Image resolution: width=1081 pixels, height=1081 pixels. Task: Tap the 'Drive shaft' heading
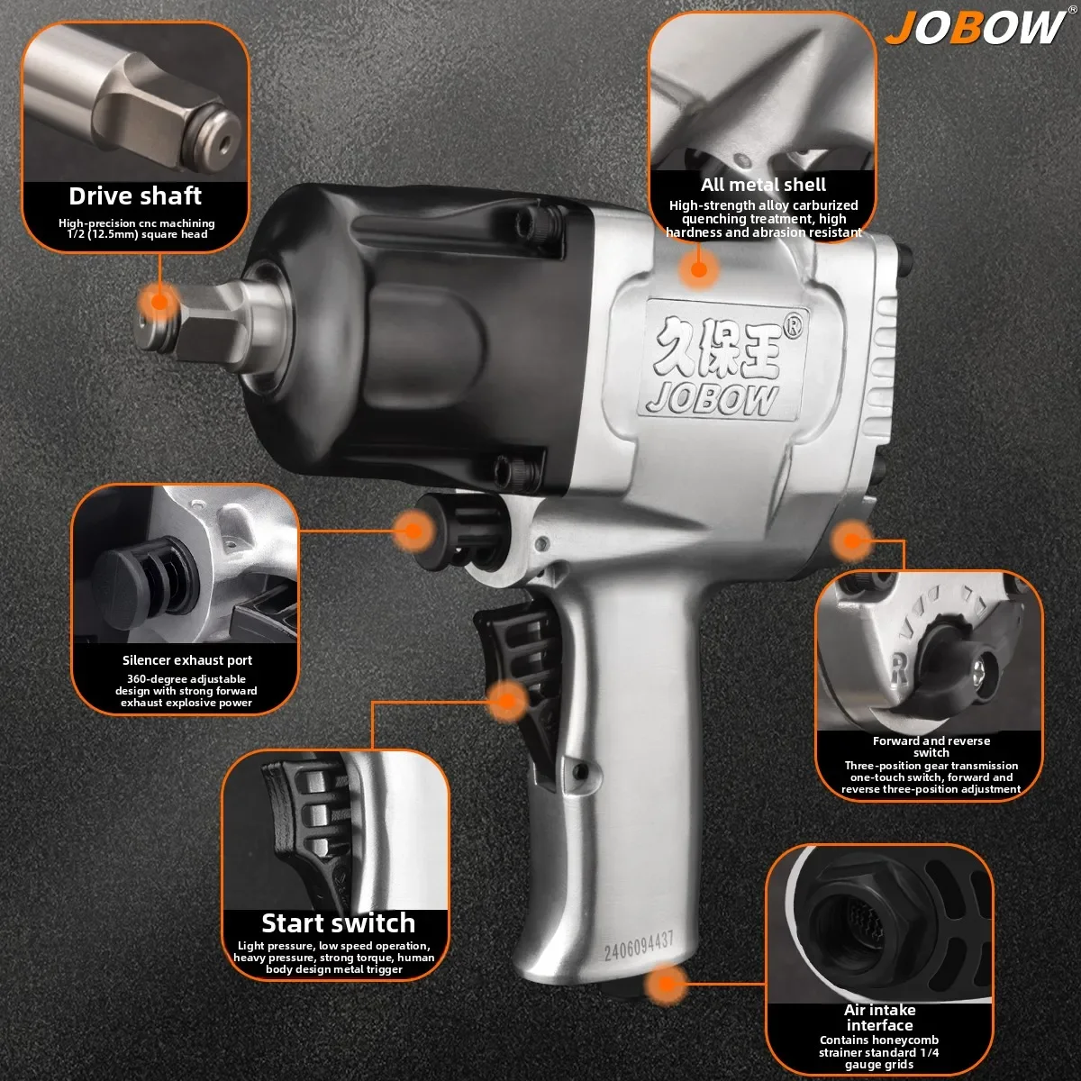click(x=135, y=195)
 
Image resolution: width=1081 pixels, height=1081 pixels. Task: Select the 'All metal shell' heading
click(x=763, y=185)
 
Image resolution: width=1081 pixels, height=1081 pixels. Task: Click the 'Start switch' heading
click(x=338, y=923)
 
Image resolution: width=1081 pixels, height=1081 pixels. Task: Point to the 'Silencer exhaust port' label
click(x=187, y=660)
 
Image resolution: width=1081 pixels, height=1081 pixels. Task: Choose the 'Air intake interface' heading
click(x=879, y=1018)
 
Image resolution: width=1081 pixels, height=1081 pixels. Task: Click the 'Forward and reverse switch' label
click(x=931, y=747)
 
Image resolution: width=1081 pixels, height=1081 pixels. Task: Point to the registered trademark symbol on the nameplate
click(x=793, y=327)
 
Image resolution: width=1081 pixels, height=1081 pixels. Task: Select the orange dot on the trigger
click(x=507, y=699)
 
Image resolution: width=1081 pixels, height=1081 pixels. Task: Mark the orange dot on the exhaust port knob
click(x=413, y=530)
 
